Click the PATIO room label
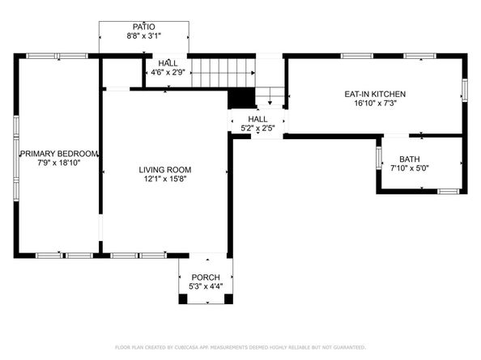(144, 27)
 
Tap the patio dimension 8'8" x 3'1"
(144, 36)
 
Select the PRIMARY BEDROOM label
(59, 154)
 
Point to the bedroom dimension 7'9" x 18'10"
(59, 163)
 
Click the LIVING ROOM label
(164, 170)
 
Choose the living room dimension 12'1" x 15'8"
(164, 180)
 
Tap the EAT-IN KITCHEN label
(375, 94)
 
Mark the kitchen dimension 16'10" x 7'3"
(375, 104)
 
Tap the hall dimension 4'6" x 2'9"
(168, 73)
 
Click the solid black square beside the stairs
(240, 98)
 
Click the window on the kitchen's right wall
(465, 88)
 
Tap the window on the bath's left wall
(379, 158)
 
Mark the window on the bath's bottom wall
(448, 192)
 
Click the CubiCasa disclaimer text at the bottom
(240, 346)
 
